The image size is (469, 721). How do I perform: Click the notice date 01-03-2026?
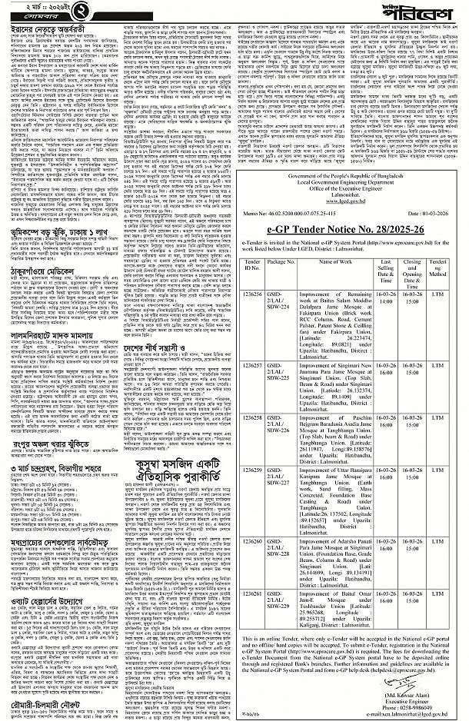pos(438,210)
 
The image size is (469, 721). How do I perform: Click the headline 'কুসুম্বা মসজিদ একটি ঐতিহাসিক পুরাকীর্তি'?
pos(165,462)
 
